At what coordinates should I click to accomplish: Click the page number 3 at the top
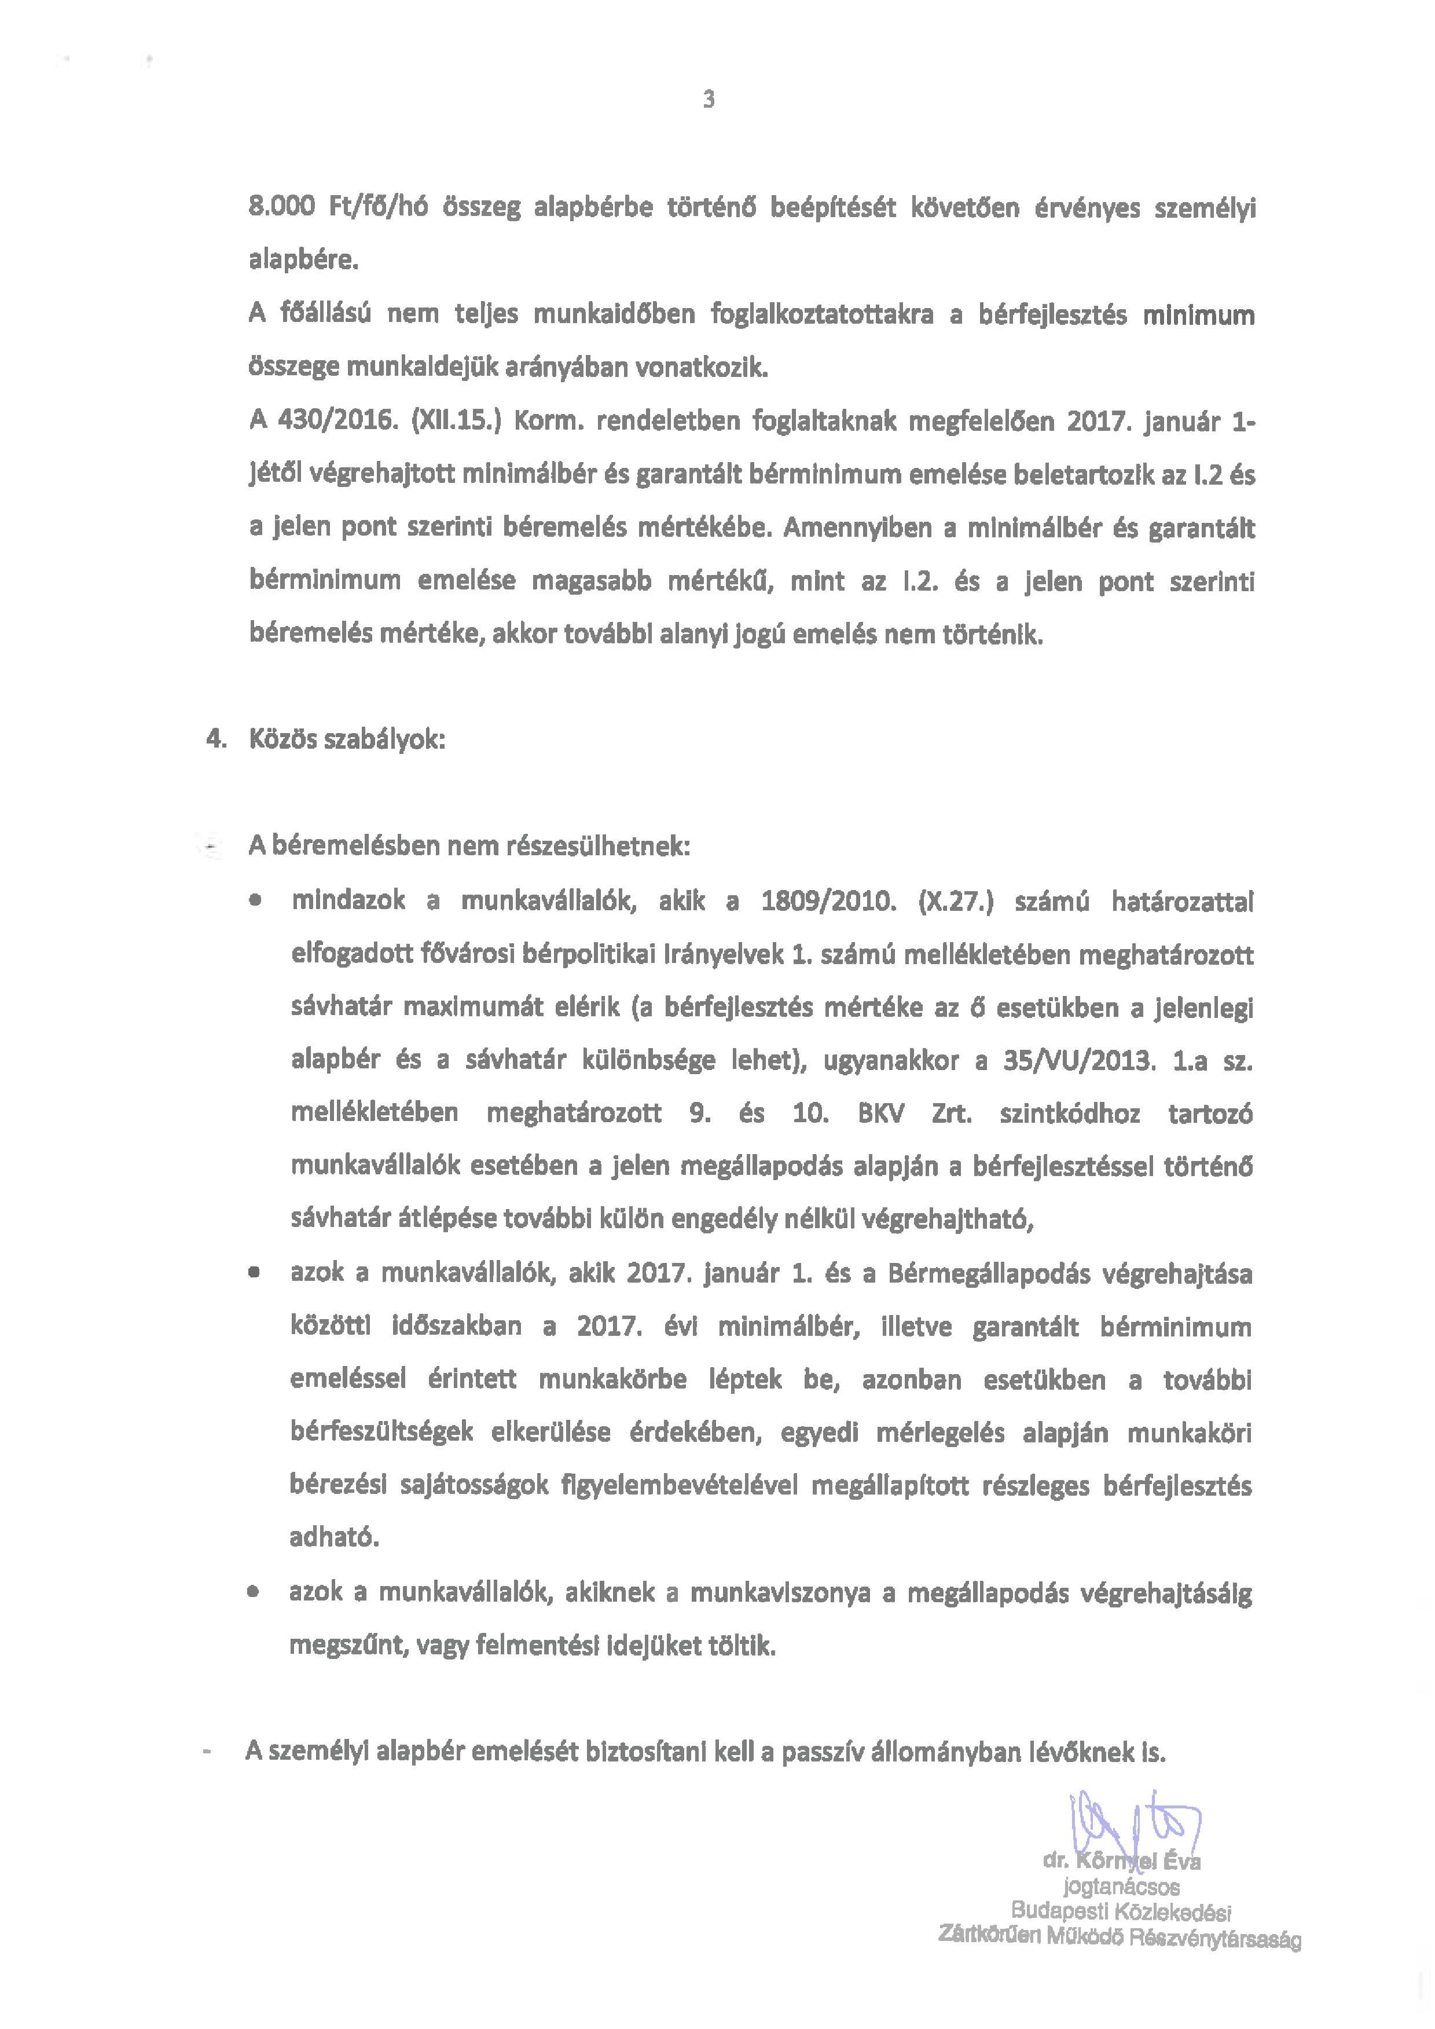point(709,99)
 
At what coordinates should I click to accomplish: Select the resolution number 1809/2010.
point(828,902)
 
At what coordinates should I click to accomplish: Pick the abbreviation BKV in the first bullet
point(881,1114)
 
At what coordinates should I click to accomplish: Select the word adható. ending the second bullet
point(334,1537)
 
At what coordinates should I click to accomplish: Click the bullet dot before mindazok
point(255,902)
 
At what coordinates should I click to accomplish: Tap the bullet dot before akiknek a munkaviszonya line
point(254,1592)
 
